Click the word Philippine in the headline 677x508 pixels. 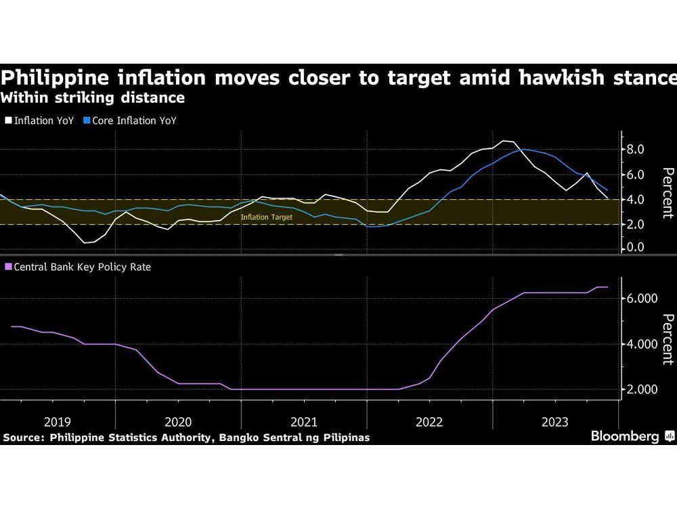click(x=51, y=77)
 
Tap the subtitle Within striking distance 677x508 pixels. click(x=93, y=98)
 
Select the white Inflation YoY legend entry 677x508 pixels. click(x=40, y=121)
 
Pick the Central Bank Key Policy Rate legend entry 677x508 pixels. click(x=81, y=267)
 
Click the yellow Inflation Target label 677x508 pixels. click(x=267, y=217)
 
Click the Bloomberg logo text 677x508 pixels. click(x=626, y=436)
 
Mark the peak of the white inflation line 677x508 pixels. click(x=505, y=141)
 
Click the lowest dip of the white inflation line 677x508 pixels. click(x=86, y=242)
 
